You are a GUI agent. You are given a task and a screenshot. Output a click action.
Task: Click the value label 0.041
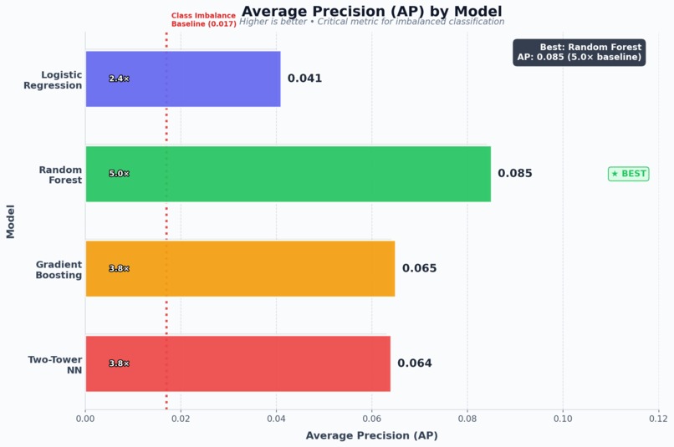304,79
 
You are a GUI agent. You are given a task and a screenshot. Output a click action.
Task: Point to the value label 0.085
514,174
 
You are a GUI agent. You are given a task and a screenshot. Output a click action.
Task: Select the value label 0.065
419,268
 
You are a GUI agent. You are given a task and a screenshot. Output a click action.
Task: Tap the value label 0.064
414,363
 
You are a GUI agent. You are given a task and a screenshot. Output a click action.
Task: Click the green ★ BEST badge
628,174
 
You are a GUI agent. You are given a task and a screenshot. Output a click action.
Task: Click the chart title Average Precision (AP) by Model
371,11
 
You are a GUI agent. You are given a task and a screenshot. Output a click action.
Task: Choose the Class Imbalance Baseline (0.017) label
203,20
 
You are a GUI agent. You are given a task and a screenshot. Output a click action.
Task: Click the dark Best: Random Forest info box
579,52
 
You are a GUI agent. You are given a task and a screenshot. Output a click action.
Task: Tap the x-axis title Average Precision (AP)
371,435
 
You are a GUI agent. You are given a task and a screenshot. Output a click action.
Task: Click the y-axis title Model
11,221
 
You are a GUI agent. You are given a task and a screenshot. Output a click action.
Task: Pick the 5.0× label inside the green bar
119,174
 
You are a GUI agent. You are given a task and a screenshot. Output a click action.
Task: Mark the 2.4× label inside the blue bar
119,79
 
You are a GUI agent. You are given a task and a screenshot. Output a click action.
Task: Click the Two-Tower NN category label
55,364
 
